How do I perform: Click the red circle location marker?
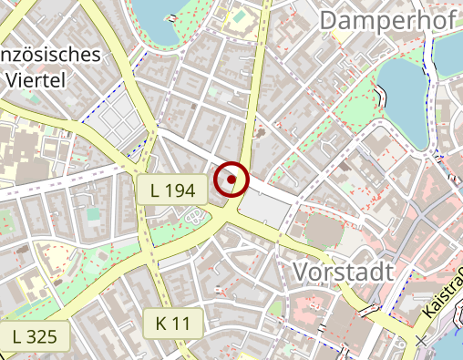coord(231,180)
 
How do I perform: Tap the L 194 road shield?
coord(173,190)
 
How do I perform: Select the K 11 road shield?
coord(172,322)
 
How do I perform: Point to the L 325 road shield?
coord(35,335)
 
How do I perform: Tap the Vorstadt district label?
coord(344,272)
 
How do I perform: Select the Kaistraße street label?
coord(441,292)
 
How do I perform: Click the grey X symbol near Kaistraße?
coord(421,340)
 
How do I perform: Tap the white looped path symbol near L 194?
coord(194,217)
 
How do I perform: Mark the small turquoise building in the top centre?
coord(239,16)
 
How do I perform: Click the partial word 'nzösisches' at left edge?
coord(50,55)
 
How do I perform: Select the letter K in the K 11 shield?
coord(160,322)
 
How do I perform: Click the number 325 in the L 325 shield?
coord(42,335)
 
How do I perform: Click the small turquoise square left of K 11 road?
coord(92,214)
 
